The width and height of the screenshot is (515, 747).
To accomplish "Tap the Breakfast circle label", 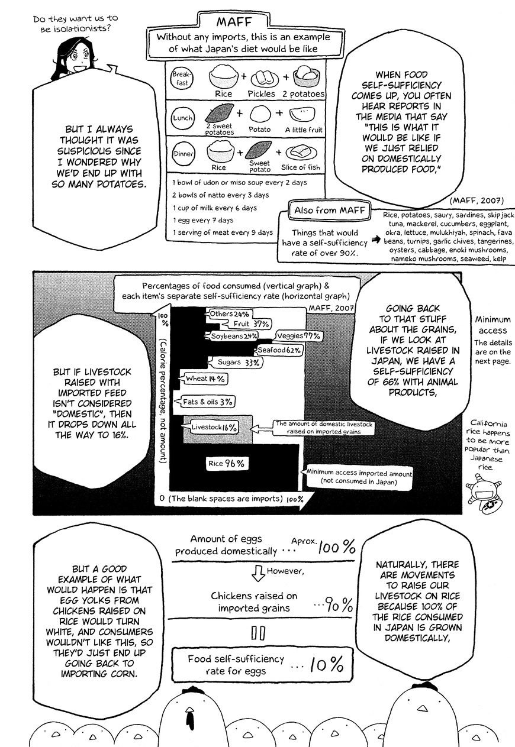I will (180, 78).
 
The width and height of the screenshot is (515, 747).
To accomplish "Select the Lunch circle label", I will (182, 118).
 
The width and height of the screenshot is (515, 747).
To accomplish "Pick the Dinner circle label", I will (181, 154).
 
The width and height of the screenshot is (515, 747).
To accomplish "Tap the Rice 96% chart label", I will (226, 464).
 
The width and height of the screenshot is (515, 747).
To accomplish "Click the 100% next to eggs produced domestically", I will (336, 547).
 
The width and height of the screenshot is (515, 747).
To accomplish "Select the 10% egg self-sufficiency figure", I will (326, 665).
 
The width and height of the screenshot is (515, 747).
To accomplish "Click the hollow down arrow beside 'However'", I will (257, 573).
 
